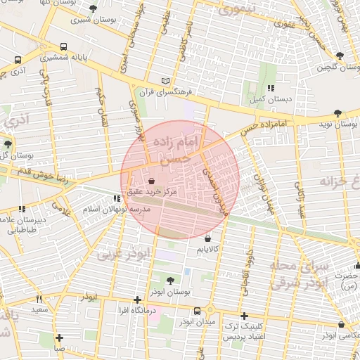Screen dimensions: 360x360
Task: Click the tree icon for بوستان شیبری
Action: pyautogui.click(x=94, y=8)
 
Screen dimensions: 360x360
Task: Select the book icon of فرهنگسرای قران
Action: pyautogui.click(x=165, y=81)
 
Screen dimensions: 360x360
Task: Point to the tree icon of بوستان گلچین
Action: pyautogui.click(x=340, y=55)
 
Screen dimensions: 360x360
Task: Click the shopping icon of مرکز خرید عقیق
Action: pyautogui.click(x=152, y=181)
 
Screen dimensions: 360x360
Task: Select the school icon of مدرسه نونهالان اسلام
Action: pyautogui.click(x=117, y=200)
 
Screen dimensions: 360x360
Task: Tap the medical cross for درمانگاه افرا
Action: pyautogui.click(x=137, y=300)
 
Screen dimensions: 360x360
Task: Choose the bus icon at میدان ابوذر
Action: pyautogui.click(x=198, y=310)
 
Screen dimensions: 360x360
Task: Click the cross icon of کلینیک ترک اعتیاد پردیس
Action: pyautogui.click(x=244, y=316)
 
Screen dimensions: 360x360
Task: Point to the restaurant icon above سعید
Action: pyautogui.click(x=39, y=299)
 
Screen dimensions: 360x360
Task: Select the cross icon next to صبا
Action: pyautogui.click(x=60, y=337)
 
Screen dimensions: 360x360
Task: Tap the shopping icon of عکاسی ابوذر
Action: pyautogui.click(x=341, y=325)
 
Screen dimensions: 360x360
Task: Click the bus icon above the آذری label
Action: pyautogui.click(x=17, y=60)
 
